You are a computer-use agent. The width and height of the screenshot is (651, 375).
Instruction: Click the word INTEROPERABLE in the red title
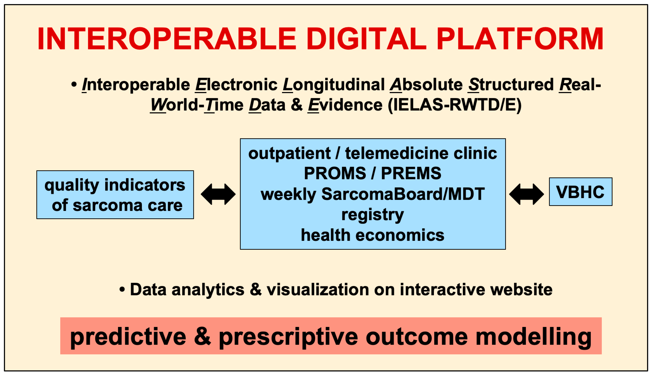167,39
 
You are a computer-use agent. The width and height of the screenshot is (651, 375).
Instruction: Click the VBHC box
580,192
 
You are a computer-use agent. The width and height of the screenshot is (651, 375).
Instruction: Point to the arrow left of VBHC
526,194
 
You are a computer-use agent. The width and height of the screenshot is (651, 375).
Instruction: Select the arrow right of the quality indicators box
218,194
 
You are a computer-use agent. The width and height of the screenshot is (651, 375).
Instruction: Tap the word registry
373,215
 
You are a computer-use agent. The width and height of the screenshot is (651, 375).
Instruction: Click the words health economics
373,235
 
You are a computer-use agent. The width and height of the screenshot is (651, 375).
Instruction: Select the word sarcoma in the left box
108,206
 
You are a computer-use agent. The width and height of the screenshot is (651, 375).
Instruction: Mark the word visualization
317,289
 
